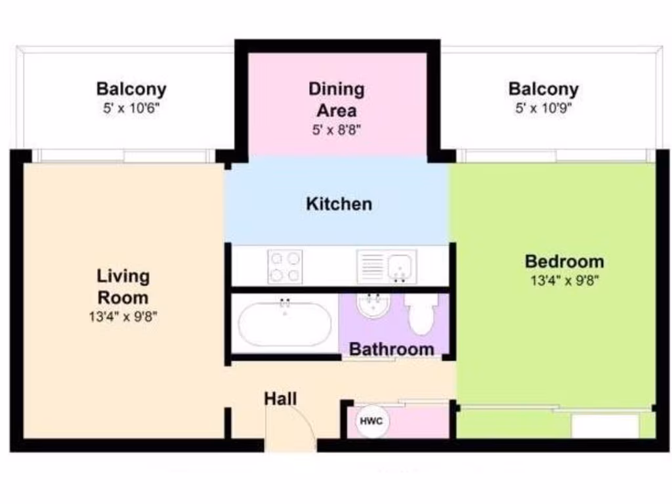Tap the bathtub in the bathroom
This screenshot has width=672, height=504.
tap(285, 324)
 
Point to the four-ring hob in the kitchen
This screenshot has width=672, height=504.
tap(285, 266)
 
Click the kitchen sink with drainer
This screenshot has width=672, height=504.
tap(386, 266)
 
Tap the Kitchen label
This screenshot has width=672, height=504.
tap(339, 204)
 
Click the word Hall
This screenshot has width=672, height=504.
tap(281, 398)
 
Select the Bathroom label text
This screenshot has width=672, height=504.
tap(391, 349)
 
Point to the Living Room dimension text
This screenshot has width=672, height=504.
tap(123, 316)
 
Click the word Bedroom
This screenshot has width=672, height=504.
tap(564, 261)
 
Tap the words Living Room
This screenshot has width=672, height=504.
tap(123, 285)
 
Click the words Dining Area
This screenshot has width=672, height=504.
tap(336, 98)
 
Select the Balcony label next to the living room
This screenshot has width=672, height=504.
tap(131, 89)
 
